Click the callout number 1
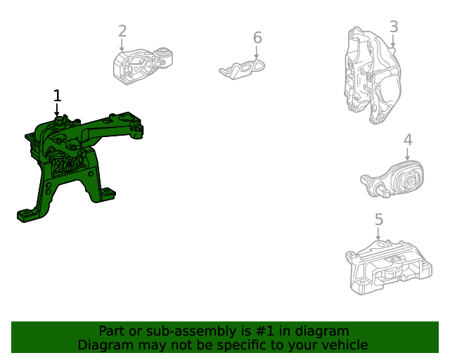point(58,96)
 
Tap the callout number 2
point(122,31)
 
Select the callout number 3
point(394,27)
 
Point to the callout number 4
point(408,140)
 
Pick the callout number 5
point(379,219)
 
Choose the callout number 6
point(257,38)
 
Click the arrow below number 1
point(57,110)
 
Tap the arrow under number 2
point(122,46)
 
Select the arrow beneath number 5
point(378,233)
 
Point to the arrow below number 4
point(407,154)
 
